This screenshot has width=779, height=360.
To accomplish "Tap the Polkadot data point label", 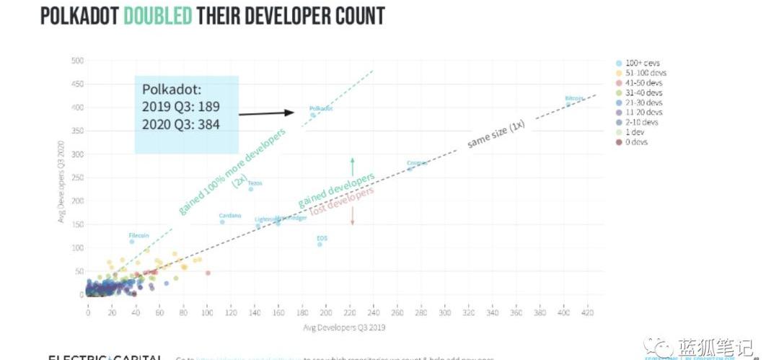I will pos(321,108).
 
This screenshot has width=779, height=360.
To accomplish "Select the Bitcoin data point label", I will pos(574,97).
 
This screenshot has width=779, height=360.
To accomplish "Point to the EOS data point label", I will pos(322,237).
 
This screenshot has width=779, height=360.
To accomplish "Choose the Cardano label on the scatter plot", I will pos(229,215).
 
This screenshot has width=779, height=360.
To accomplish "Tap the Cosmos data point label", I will pos(416,163).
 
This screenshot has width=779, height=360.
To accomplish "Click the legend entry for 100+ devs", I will pos(642,63).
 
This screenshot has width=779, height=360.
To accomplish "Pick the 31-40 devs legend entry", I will pos(642,93).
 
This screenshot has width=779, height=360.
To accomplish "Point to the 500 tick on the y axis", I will pos(76,60).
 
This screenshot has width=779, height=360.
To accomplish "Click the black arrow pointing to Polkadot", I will pos(266,112).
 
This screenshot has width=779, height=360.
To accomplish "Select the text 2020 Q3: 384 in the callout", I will pos(181,123).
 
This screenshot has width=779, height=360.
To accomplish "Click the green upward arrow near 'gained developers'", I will pos(352,167).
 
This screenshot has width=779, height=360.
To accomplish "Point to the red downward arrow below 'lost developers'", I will pos(352,215).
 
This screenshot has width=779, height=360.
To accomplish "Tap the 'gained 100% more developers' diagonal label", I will pos(232,170).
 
